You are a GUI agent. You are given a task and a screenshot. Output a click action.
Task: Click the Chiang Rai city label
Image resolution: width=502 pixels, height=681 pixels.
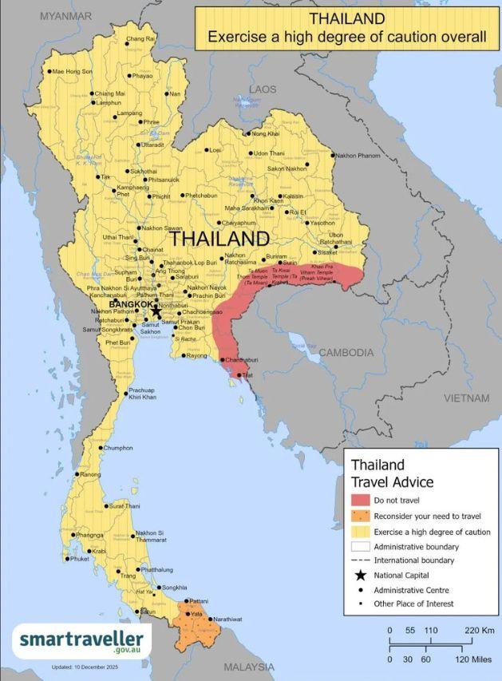point(140,39)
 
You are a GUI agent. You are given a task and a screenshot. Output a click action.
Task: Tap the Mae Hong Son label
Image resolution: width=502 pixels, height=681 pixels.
point(72,71)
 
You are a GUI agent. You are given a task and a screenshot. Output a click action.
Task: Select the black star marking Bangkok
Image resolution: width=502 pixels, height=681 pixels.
point(156,311)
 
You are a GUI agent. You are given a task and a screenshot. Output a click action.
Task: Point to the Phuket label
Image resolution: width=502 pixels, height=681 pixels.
point(80,559)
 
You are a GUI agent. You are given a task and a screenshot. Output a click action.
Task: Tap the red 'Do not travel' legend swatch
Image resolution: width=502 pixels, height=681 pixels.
point(361,501)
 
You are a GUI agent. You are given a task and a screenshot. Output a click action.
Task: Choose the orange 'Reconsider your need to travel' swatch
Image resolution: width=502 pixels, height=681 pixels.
point(361,516)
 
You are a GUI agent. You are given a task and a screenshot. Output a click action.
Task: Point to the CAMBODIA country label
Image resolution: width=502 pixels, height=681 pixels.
point(346,352)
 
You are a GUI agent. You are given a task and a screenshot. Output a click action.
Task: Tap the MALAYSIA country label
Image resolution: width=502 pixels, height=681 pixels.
point(248,667)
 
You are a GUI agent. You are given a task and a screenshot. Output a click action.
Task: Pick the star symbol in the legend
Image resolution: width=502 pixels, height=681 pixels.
point(361,575)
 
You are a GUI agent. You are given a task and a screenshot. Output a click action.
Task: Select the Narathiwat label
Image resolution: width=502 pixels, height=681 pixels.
point(227,619)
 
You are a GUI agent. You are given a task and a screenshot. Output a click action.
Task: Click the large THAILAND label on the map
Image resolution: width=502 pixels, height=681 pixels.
point(219,239)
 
